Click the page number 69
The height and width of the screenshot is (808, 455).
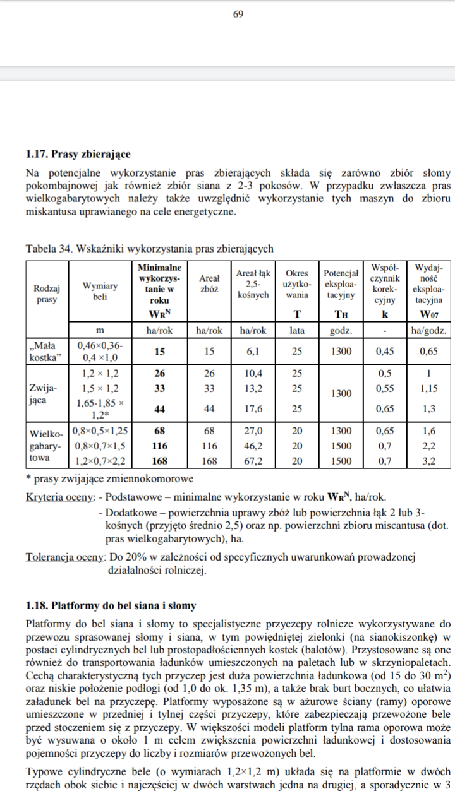click(x=238, y=15)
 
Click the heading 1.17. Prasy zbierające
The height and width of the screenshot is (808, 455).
click(x=78, y=153)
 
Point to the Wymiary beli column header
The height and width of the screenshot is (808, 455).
click(x=100, y=291)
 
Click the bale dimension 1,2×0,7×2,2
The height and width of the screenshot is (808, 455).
click(x=100, y=461)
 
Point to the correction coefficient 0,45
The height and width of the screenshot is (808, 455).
click(x=385, y=352)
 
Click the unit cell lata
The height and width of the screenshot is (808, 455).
click(x=296, y=330)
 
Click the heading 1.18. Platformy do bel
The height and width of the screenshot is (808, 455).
click(x=111, y=605)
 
